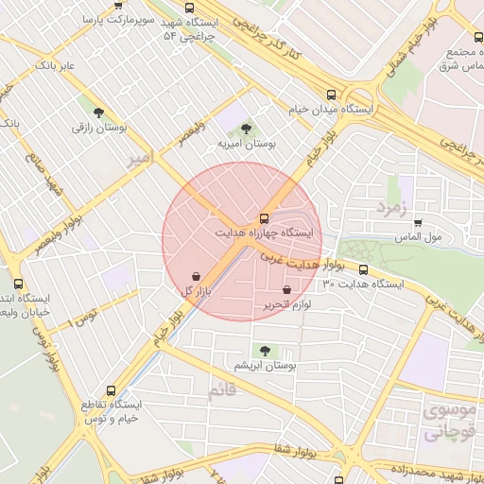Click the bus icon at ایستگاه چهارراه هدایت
pyautogui.click(x=264, y=217)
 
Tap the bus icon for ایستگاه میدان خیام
pyautogui.click(x=331, y=95)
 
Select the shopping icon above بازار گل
pyautogui.click(x=195, y=276)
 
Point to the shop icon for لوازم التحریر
pyautogui.click(x=286, y=289)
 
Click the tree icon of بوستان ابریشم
pyautogui.click(x=264, y=350)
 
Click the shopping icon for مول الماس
pyautogui.click(x=418, y=223)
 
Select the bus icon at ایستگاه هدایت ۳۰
pyautogui.click(x=363, y=269)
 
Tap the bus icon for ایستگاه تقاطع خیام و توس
pyautogui.click(x=112, y=389)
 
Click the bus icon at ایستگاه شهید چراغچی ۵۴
pyautogui.click(x=188, y=8)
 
